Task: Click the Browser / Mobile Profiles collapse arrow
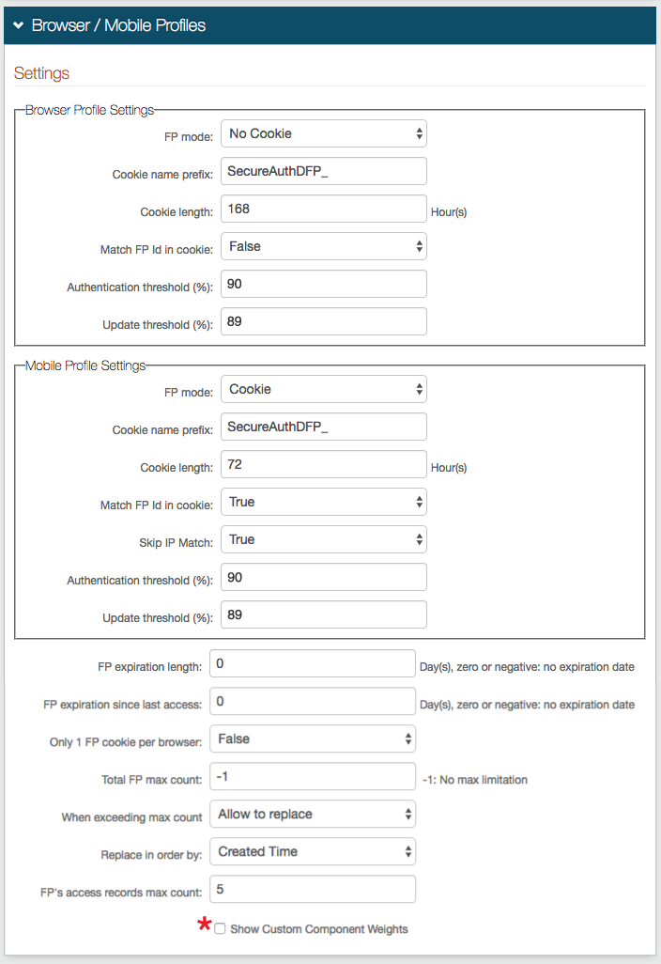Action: click(x=18, y=25)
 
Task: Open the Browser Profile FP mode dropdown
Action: click(x=324, y=133)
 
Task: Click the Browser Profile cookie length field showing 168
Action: click(x=324, y=209)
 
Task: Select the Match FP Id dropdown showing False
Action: click(x=324, y=246)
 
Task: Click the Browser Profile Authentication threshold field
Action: click(x=324, y=284)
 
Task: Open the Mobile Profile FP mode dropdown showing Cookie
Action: click(x=324, y=389)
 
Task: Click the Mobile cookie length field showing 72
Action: click(x=324, y=464)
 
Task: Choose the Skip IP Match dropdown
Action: click(x=324, y=539)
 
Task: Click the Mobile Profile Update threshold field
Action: click(x=324, y=614)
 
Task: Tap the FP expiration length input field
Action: click(x=313, y=663)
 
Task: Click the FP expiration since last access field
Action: click(x=313, y=701)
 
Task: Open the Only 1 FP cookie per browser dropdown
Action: click(x=313, y=739)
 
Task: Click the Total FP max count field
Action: click(x=313, y=776)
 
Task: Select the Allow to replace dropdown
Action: click(x=313, y=814)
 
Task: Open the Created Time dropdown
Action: click(x=313, y=851)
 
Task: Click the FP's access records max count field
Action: click(x=313, y=889)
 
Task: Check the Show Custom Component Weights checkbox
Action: click(x=220, y=928)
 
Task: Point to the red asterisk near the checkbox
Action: click(x=204, y=925)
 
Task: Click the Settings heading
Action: click(x=41, y=73)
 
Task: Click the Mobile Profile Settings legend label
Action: click(x=85, y=365)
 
